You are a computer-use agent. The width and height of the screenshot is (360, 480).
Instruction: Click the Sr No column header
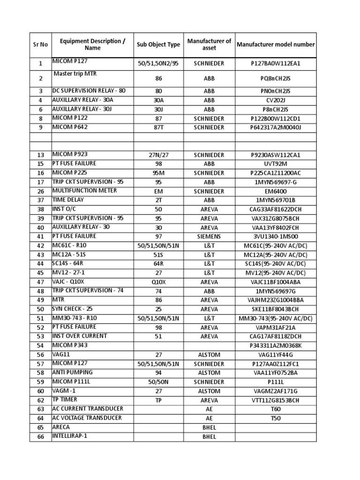(x=40, y=45)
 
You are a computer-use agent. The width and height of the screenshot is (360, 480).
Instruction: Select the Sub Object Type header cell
(x=158, y=45)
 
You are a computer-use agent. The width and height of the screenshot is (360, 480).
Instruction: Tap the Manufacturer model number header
(x=276, y=45)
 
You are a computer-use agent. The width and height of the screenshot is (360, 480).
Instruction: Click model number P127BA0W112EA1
(x=276, y=63)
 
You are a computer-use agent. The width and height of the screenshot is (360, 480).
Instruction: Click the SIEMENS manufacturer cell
(x=209, y=236)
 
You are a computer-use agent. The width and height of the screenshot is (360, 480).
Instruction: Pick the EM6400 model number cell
(x=276, y=191)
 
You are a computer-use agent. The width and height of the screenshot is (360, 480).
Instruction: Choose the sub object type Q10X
(x=158, y=282)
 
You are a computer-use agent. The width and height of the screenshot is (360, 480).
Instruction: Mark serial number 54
(x=40, y=345)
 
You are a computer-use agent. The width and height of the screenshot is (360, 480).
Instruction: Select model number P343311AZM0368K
(x=276, y=345)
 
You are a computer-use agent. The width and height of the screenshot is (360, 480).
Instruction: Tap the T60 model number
(x=276, y=409)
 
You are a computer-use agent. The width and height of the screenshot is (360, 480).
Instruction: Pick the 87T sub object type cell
(x=158, y=127)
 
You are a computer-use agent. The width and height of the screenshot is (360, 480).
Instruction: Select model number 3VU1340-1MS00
(x=276, y=236)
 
